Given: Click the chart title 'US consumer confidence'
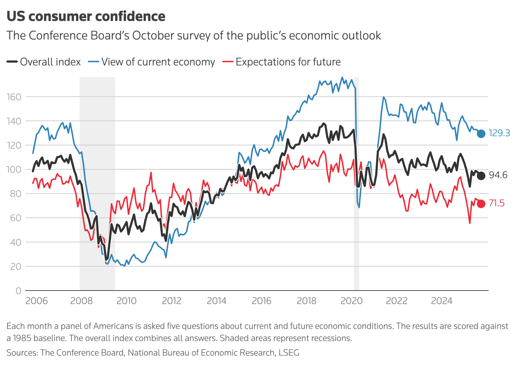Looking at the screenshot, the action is click(86, 16).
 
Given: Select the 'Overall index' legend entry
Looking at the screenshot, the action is click(44, 62).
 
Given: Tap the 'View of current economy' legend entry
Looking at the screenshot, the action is click(151, 62).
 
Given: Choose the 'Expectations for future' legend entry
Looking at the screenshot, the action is click(282, 62).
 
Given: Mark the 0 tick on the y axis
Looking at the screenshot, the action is click(18, 291).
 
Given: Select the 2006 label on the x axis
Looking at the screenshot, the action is click(36, 301).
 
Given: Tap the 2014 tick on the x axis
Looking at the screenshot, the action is click(217, 301).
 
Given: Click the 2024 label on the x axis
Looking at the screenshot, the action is click(442, 301).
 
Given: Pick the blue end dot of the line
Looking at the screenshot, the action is click(481, 134).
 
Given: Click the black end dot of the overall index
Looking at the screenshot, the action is click(481, 176).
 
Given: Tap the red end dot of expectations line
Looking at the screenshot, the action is click(481, 204).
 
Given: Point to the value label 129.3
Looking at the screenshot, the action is click(499, 133).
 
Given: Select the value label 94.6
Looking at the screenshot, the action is click(498, 175).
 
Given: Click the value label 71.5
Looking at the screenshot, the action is click(497, 203).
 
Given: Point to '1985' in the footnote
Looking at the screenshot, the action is click(22, 338).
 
